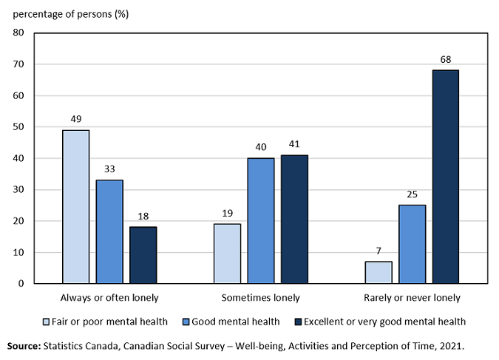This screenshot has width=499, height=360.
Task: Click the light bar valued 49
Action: [x=75, y=207]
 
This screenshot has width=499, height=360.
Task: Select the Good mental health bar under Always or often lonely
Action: [x=109, y=231]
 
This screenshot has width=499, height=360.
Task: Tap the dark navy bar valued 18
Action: [x=143, y=255]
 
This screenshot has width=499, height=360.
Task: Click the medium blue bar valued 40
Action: [x=260, y=221]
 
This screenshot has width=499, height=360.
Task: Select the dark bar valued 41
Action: [x=294, y=220]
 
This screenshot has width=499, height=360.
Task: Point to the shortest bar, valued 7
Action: [x=378, y=272]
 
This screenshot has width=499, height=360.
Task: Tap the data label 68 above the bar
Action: [x=445, y=59]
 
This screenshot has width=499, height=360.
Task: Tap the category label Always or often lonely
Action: [x=109, y=298]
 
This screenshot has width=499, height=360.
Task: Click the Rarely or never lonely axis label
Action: [x=412, y=298]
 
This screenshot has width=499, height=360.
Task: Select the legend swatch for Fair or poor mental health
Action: [x=45, y=322]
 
